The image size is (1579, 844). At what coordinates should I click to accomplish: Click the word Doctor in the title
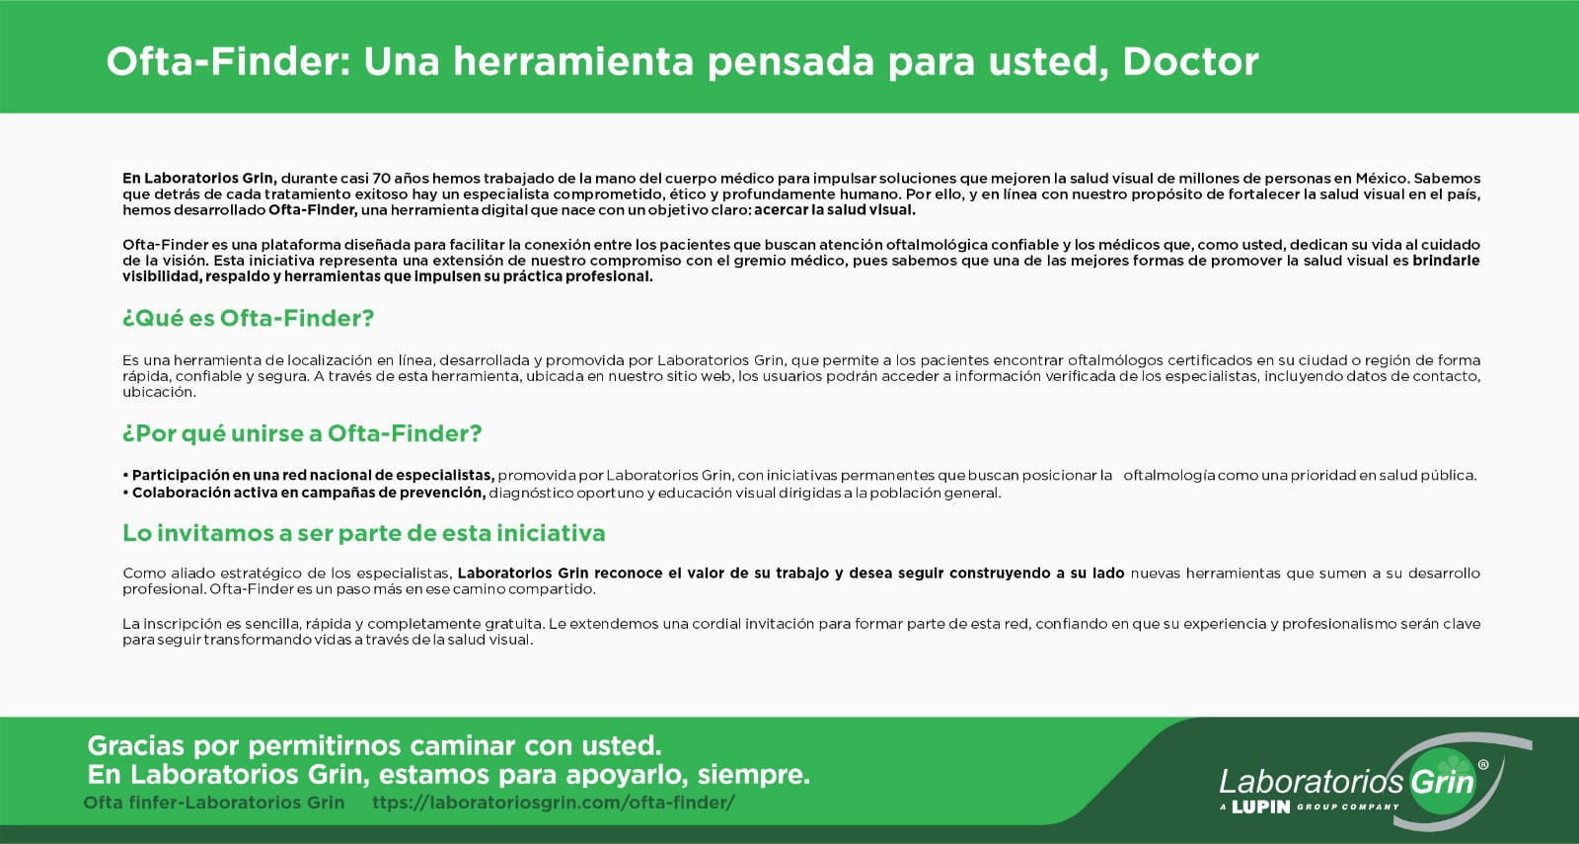point(1190,61)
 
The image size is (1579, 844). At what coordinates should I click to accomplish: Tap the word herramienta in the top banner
point(573,61)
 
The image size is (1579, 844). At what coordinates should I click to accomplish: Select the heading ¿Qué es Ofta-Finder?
point(248,319)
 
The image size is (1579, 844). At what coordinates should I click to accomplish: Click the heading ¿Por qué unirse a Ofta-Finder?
point(302,433)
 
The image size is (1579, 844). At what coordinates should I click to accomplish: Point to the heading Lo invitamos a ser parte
point(364,533)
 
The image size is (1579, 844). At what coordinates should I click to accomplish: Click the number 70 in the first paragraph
point(381,179)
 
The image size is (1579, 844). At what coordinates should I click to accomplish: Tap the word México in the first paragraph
point(1381,179)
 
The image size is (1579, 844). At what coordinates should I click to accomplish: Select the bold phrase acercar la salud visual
point(835,210)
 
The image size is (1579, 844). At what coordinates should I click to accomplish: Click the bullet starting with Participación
point(799,475)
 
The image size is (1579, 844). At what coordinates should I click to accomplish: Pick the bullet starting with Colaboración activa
point(562,493)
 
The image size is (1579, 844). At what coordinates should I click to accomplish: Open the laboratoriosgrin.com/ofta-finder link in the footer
point(554,803)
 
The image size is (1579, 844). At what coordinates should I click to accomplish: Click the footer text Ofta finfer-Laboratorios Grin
point(213,803)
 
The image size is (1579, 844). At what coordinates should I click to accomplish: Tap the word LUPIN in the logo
point(1261,806)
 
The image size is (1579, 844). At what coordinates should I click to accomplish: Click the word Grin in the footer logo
point(1442,782)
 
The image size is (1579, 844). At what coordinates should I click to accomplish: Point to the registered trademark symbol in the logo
point(1483,764)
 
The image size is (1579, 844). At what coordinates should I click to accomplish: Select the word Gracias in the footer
point(136,745)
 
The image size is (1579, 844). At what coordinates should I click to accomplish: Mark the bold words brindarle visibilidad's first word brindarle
point(1446,261)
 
